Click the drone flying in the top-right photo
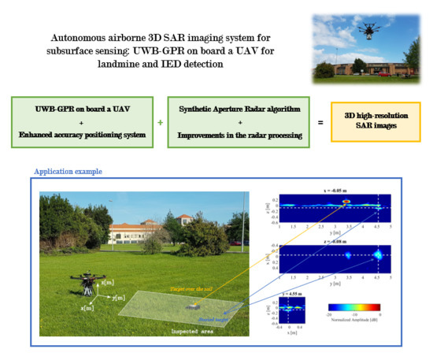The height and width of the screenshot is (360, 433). (368, 30)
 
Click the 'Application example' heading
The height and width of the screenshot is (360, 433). (68, 170)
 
